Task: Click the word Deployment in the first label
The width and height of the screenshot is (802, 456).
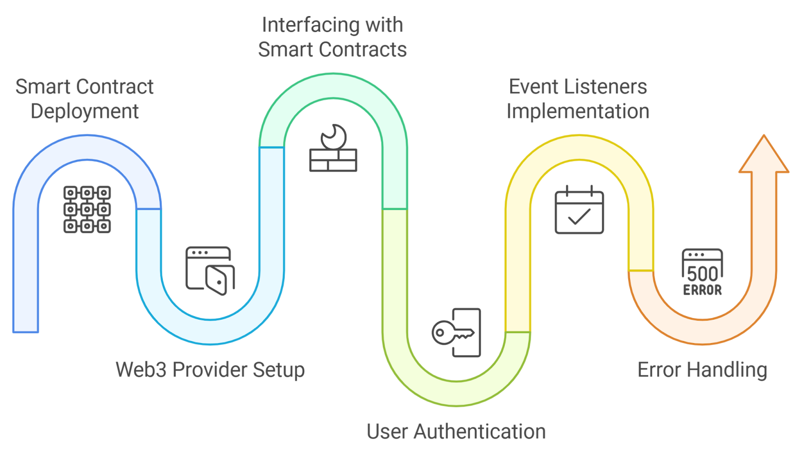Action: [84, 112]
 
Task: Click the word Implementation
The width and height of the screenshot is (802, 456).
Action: [577, 111]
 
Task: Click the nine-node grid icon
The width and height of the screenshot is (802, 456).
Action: [87, 209]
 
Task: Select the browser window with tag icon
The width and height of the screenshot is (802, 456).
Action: [210, 270]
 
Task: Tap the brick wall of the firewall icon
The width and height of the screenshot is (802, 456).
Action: [333, 161]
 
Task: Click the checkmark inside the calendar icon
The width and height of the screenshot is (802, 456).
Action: [579, 217]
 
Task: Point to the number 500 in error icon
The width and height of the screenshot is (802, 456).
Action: [702, 274]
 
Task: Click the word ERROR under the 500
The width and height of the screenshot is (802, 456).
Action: [702, 290]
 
